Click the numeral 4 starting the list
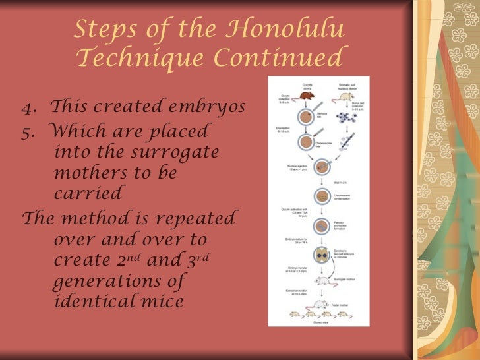(x=26, y=105)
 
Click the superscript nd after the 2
(x=148, y=256)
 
